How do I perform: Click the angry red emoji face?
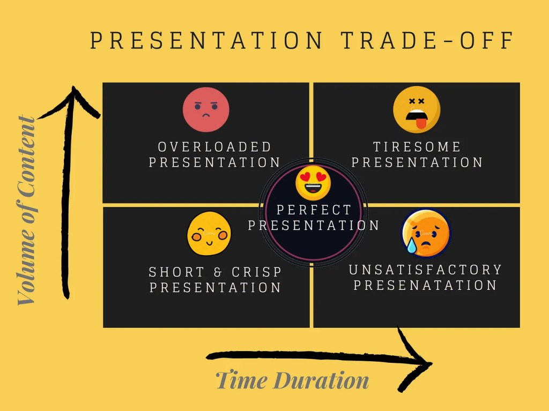206,109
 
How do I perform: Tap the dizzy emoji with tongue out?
417,109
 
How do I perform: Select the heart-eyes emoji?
313,182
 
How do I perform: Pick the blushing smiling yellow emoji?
209,234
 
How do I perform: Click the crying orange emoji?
426,233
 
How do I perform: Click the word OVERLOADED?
214,147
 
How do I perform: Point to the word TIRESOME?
417,147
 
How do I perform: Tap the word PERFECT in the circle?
314,210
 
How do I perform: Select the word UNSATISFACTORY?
425,270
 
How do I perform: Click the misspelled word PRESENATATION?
425,285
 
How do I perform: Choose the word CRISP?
257,272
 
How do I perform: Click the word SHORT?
176,272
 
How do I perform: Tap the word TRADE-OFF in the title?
427,40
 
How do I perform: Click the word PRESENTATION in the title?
206,40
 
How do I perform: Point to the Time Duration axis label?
292,380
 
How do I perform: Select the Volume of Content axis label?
27,211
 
